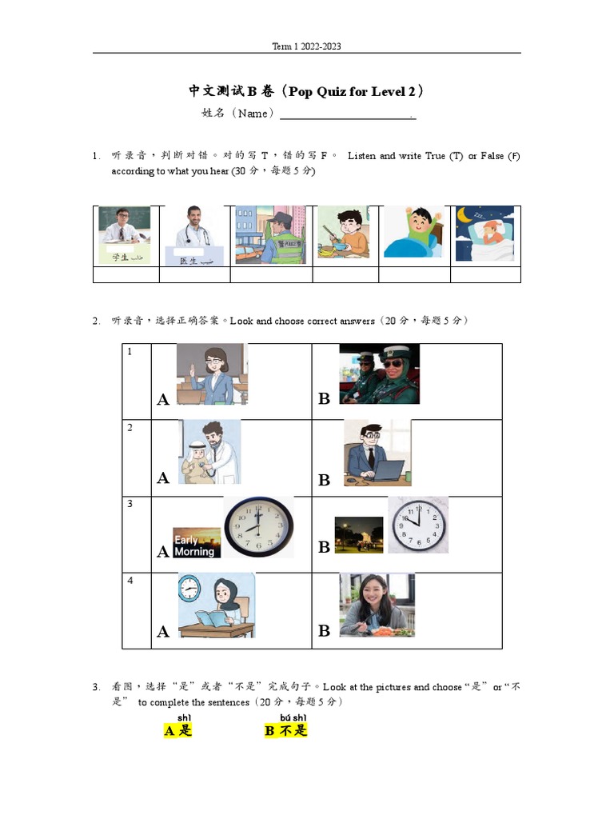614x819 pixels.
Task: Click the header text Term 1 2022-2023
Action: pyautogui.click(x=306, y=46)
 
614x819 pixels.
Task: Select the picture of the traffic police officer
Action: pyautogui.click(x=271, y=234)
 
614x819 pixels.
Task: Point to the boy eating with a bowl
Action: pyautogui.click(x=343, y=232)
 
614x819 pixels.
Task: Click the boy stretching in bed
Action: pyautogui.click(x=413, y=232)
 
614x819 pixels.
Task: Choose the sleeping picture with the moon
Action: pyautogui.click(x=485, y=234)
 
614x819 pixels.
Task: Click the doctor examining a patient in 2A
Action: pyautogui.click(x=209, y=452)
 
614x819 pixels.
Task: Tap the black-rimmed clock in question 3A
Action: pyautogui.click(x=257, y=527)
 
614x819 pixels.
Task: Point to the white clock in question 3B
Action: pyautogui.click(x=418, y=525)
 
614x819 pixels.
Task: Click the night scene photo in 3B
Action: pyautogui.click(x=359, y=535)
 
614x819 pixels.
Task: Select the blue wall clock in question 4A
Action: pyautogui.click(x=189, y=589)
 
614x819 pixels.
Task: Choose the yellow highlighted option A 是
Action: pyautogui.click(x=177, y=730)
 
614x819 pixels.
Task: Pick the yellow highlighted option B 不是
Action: pyautogui.click(x=286, y=730)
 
